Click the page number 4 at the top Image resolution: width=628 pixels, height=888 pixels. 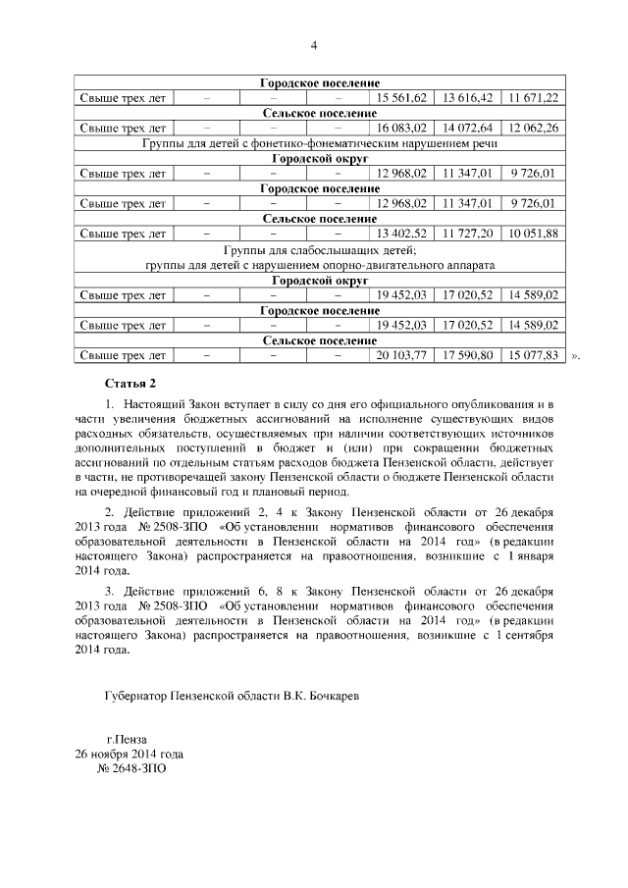click(314, 45)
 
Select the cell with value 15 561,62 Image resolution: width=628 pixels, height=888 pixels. click(400, 98)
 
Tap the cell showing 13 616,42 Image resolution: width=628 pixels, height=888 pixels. click(468, 98)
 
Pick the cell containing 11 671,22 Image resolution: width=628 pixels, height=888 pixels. click(533, 98)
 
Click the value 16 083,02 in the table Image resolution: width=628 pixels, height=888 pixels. click(400, 129)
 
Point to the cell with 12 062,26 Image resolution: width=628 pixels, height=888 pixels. click(533, 129)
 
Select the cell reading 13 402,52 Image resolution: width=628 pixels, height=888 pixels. click(400, 234)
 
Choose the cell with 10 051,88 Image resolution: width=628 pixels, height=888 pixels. click(533, 234)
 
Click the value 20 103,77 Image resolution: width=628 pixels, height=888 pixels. click(400, 355)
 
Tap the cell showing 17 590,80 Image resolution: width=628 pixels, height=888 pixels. click(468, 355)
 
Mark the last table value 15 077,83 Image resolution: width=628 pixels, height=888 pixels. click(533, 355)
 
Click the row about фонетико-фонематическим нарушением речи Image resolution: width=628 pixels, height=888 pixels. click(319, 143)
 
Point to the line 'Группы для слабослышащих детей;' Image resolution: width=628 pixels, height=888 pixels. click(319, 250)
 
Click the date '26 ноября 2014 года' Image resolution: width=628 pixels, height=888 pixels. click(130, 755)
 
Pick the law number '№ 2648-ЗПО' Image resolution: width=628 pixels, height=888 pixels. click(130, 770)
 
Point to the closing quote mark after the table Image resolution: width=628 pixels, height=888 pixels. click(575, 357)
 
